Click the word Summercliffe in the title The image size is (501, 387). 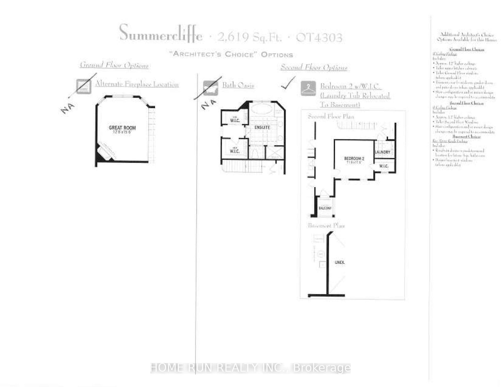161,33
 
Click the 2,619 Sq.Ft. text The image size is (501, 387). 250,38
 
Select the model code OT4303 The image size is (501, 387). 319,38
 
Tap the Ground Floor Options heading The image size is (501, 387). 114,65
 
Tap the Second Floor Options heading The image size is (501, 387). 314,67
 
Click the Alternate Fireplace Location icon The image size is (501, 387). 84,86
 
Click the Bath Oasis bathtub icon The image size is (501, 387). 210,88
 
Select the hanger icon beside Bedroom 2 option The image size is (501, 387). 308,88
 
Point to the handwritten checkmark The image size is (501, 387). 288,83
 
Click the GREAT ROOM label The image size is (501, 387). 122,128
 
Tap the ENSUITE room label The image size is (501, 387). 262,127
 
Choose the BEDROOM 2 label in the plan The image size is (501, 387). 354,159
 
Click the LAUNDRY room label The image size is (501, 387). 383,152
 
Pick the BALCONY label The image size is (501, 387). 325,208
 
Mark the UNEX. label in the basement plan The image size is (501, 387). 340,262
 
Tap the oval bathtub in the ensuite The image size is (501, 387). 262,109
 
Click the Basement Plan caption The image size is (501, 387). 326,225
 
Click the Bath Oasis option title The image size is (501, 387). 238,85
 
